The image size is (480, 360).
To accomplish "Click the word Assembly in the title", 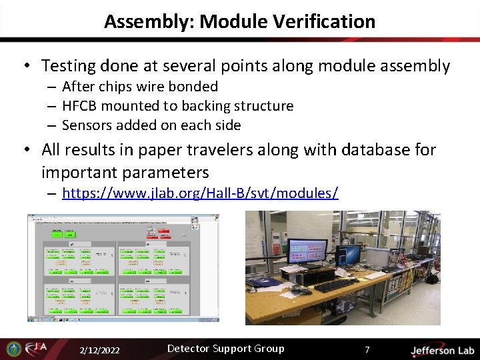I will point(148,21).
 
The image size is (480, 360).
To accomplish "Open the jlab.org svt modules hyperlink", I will point(200,193).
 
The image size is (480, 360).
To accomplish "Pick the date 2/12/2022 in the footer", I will point(99,350).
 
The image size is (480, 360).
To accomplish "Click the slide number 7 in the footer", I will point(367,350).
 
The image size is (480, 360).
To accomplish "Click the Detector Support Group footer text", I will point(225,349).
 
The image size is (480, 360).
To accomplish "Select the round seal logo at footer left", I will point(13,349).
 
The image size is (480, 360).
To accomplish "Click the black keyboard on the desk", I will point(336,285).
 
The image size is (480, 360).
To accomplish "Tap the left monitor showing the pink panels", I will point(306,250).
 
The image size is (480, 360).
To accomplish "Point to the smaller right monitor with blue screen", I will point(347,254).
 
